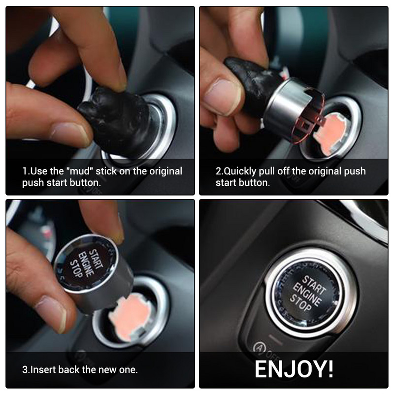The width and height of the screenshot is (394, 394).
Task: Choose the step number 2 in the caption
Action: click(219, 171)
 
